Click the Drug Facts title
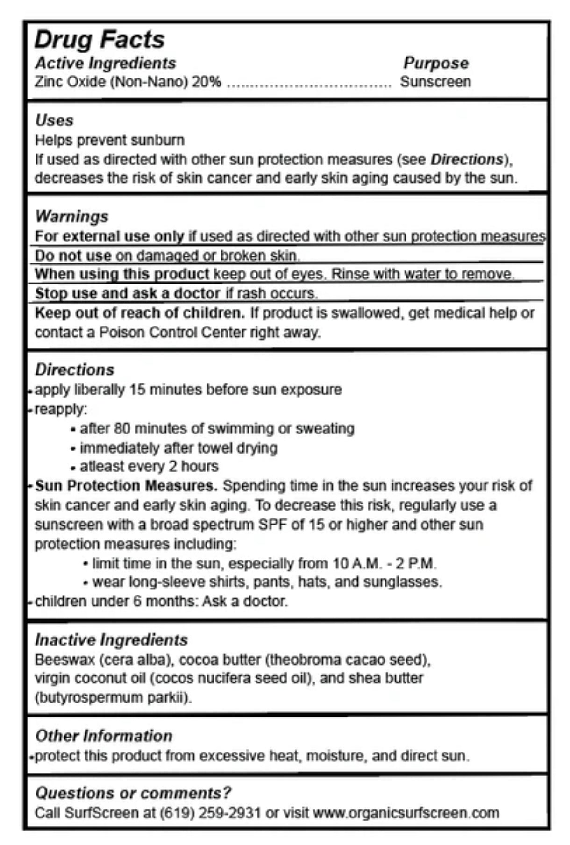pos(100,40)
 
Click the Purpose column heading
pos(435,63)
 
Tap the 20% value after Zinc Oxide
pos(207,82)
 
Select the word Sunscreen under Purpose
pos(435,82)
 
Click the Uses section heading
pos(54,120)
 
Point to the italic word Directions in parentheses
pos(466,160)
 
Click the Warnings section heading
pos(71,216)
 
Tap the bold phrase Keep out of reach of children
pos(140,312)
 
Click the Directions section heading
pos(75,369)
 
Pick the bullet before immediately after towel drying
pos(73,449)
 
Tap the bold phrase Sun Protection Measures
pos(126,486)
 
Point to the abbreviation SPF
pos(273,525)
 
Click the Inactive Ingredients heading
pos(111,639)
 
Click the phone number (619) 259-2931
pos(210,813)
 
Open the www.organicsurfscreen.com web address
pos(406,813)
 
